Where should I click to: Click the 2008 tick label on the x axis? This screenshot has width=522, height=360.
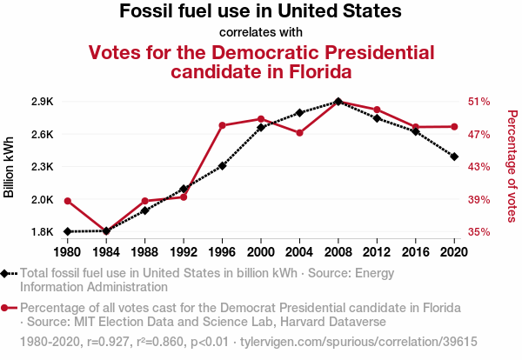pyautogui.click(x=338, y=252)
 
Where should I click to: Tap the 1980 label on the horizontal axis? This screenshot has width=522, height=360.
pyautogui.click(x=67, y=252)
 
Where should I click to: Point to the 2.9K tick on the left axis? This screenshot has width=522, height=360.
pyautogui.click(x=42, y=102)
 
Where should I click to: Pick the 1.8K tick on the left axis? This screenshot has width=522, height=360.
pyautogui.click(x=42, y=232)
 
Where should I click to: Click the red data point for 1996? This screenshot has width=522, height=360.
pyautogui.click(x=222, y=125)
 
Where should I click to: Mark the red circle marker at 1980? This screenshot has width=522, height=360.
pyautogui.click(x=67, y=201)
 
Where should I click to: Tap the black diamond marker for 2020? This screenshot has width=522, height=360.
pyautogui.click(x=454, y=157)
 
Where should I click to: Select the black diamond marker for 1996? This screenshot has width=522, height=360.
pyautogui.click(x=222, y=165)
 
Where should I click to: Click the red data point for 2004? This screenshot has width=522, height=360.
pyautogui.click(x=299, y=133)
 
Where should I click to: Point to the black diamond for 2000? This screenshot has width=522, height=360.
pyautogui.click(x=261, y=128)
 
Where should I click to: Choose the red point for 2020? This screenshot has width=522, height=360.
pyautogui.click(x=454, y=127)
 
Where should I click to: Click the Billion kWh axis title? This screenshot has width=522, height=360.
pyautogui.click(x=10, y=167)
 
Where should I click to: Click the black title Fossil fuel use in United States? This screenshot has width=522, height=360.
pyautogui.click(x=260, y=12)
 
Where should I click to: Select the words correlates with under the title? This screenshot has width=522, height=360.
pyautogui.click(x=260, y=33)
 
